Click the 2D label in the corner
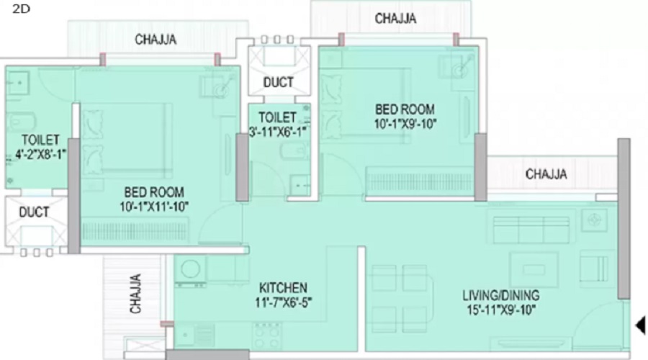click(x=21, y=9)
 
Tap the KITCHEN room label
click(x=283, y=288)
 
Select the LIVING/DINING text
click(x=501, y=295)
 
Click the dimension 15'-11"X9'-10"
click(x=501, y=310)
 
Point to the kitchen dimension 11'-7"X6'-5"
click(x=283, y=302)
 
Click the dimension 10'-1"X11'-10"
click(x=154, y=206)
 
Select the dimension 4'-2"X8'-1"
click(x=40, y=154)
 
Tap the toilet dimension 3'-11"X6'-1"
click(x=279, y=132)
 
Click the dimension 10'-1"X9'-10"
click(x=405, y=124)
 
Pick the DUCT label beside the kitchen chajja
click(x=34, y=212)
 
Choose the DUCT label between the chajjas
click(x=278, y=82)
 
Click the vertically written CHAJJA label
click(x=135, y=294)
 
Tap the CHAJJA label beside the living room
click(x=546, y=174)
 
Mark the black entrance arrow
click(x=641, y=325)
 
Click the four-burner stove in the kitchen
click(x=267, y=336)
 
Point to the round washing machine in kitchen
click(x=191, y=269)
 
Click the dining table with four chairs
click(x=400, y=298)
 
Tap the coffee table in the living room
click(x=534, y=270)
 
